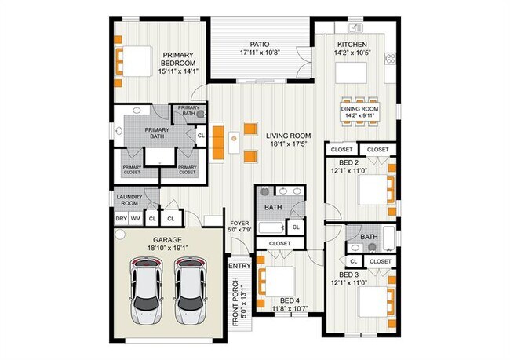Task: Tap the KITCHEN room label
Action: point(352,44)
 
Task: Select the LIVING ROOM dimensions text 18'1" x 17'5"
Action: point(289,144)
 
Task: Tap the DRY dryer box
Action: point(122,219)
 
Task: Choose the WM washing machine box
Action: point(136,219)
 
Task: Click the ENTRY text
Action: point(239,267)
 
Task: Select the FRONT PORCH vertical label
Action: point(239,302)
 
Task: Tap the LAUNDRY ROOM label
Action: point(129,200)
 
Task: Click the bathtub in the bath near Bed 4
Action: point(271,228)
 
